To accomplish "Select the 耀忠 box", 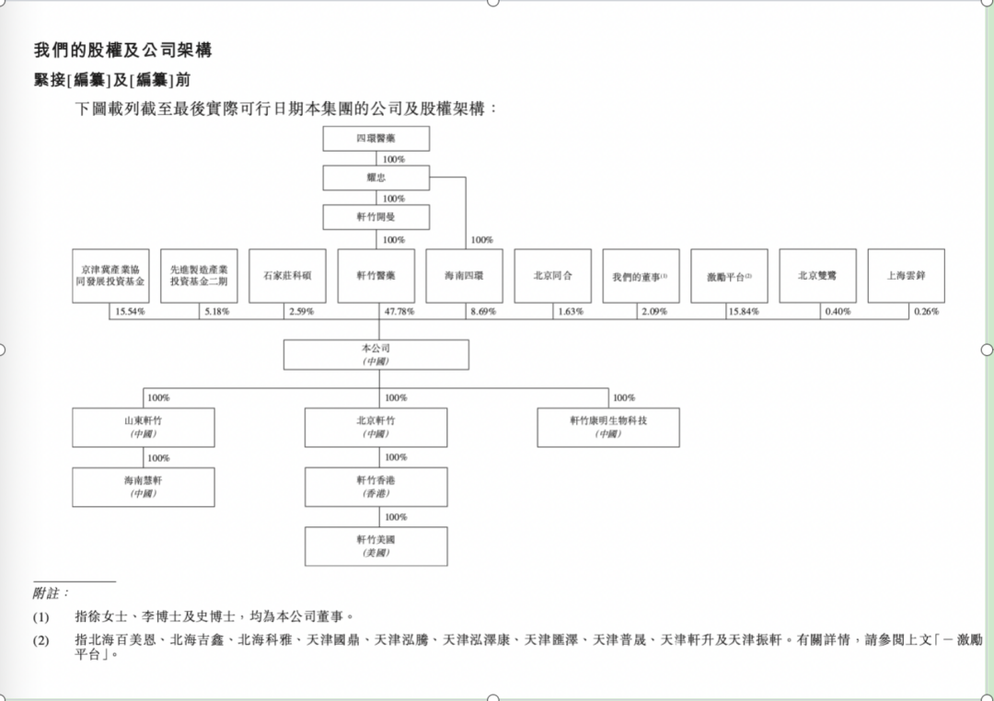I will (376, 178).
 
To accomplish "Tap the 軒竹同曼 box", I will (376, 217).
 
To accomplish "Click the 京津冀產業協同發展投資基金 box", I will (110, 276).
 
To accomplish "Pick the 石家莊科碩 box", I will (287, 276).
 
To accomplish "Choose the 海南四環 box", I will (464, 276).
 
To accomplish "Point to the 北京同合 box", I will (552, 276).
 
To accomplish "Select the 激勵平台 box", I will (729, 276).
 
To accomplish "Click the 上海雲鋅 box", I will (906, 276).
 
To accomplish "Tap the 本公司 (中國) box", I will (376, 355).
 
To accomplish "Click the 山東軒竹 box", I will (143, 428).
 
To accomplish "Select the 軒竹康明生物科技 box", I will (608, 428).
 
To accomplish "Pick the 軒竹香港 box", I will (376, 487).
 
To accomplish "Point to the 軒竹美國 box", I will (376, 546).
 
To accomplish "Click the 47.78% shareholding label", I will (399, 312).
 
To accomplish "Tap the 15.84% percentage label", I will (744, 312).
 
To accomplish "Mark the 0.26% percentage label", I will (926, 312).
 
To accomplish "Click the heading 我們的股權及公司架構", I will (123, 51).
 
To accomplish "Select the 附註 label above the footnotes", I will (52, 593).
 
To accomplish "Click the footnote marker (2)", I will (41, 640).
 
